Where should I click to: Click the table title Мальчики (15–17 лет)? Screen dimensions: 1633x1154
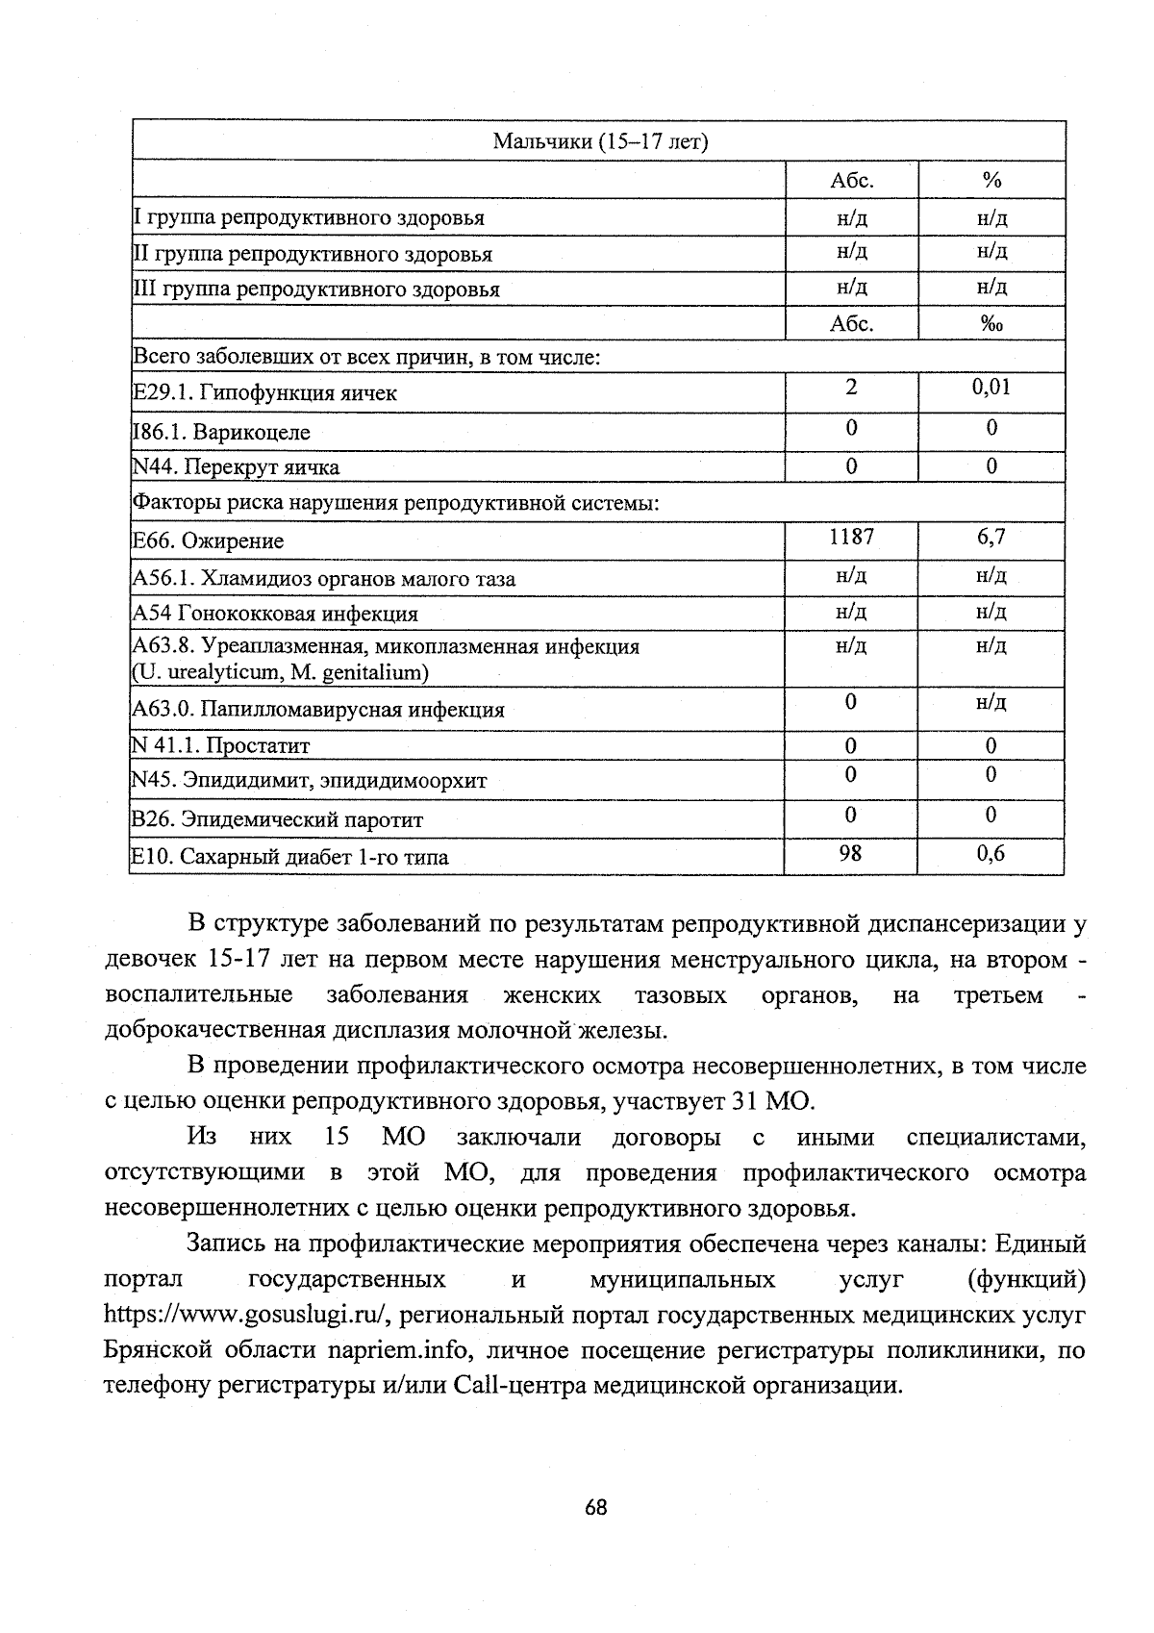[600, 142]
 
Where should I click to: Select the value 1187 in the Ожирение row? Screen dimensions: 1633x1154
[851, 537]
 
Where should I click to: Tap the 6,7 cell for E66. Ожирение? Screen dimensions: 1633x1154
[991, 537]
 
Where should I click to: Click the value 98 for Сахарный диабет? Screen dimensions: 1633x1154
[850, 853]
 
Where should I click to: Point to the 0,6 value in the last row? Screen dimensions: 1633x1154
[991, 853]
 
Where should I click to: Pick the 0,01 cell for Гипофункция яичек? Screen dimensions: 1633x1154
[991, 388]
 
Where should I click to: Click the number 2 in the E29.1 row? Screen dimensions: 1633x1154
[851, 388]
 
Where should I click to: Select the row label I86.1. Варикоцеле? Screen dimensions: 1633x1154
[221, 432]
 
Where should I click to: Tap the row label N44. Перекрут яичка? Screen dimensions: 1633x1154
[236, 467]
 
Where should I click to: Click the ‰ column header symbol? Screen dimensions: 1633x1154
[991, 324]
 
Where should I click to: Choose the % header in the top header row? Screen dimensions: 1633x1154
[992, 181]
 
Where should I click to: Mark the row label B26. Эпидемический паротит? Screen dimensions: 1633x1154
[277, 819]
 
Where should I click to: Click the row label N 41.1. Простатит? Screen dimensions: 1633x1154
[221, 745]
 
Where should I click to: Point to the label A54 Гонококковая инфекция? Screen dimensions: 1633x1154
[275, 614]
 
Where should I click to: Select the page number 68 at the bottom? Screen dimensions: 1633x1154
[595, 1507]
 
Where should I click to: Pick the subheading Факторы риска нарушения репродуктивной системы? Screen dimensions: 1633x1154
[394, 503]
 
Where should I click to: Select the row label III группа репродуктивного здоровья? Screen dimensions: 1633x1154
[315, 289]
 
